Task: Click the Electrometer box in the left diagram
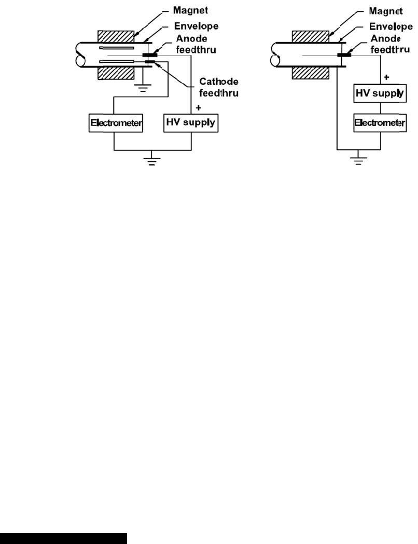(x=114, y=123)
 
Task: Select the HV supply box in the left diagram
(x=189, y=123)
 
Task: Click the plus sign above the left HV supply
(x=198, y=107)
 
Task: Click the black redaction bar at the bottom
(x=64, y=538)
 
